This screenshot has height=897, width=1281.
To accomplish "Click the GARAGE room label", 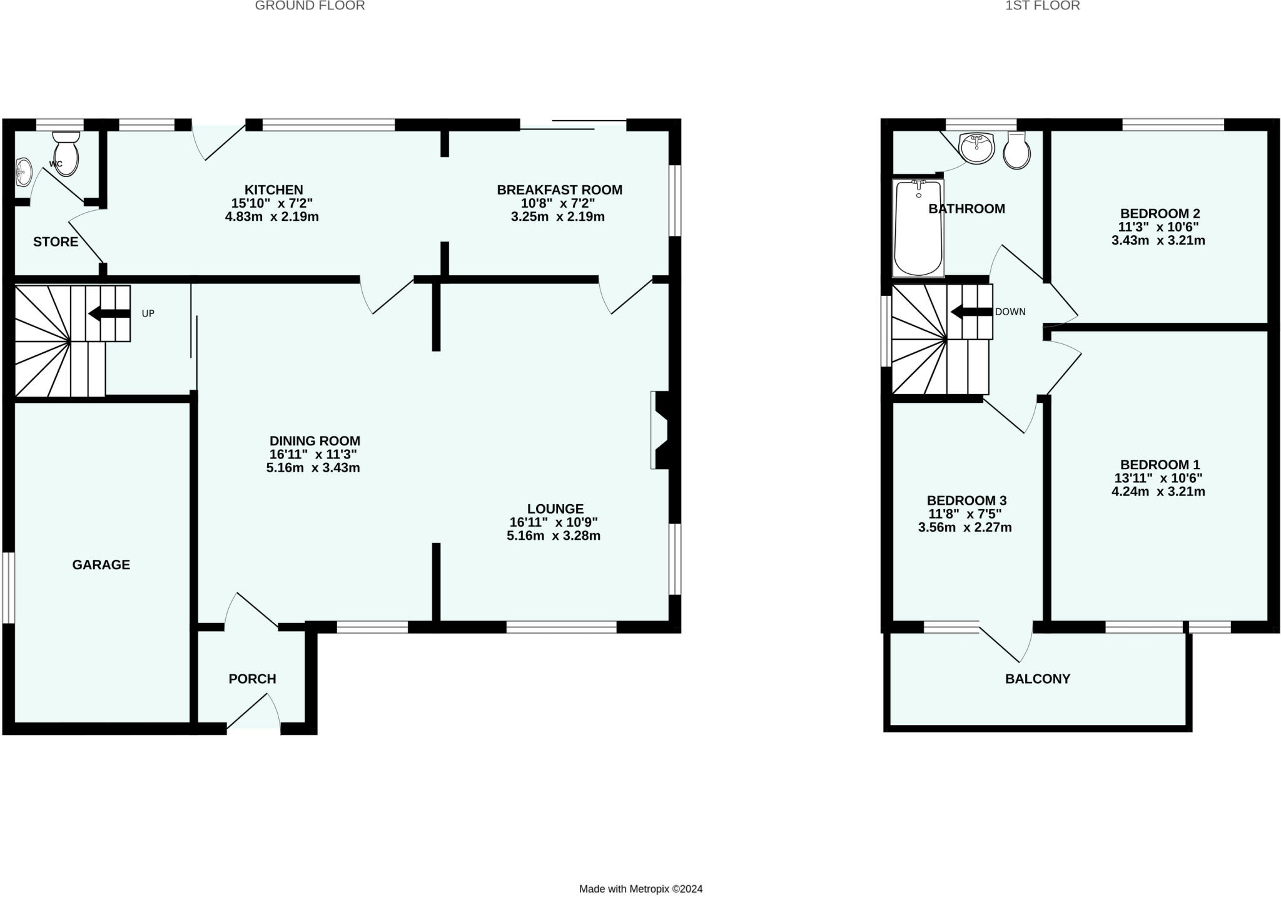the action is pyautogui.click(x=101, y=565).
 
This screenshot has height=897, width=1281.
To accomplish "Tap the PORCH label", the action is pyautogui.click(x=252, y=679).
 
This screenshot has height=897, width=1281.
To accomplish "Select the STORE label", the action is pyautogui.click(x=56, y=242).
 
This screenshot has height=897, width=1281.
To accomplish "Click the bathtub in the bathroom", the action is pyautogui.click(x=918, y=228).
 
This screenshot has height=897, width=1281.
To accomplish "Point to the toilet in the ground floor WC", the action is pyautogui.click(x=66, y=154).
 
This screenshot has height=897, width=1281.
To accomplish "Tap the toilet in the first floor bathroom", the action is pyautogui.click(x=1016, y=151).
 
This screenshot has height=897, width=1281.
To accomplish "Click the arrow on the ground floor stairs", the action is pyautogui.click(x=109, y=313).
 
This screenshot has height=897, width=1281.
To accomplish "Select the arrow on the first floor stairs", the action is pyautogui.click(x=971, y=312).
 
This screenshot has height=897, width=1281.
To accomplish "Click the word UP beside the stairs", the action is pyautogui.click(x=148, y=313).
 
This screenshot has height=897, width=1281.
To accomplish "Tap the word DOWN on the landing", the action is pyautogui.click(x=1010, y=312).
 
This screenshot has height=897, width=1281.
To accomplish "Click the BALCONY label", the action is pyautogui.click(x=1038, y=679).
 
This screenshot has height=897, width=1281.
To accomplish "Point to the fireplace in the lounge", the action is pyautogui.click(x=661, y=430).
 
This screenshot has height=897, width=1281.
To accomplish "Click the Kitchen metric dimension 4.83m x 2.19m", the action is pyautogui.click(x=272, y=217).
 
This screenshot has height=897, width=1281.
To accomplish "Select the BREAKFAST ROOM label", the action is pyautogui.click(x=560, y=190).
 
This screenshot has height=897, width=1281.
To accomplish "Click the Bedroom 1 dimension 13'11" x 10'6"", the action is pyautogui.click(x=1158, y=478).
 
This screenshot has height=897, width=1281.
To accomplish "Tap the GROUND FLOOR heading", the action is pyautogui.click(x=310, y=6).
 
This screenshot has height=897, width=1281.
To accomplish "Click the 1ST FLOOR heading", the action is pyautogui.click(x=1051, y=6).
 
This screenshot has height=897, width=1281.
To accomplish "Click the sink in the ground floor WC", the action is pyautogui.click(x=23, y=171).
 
